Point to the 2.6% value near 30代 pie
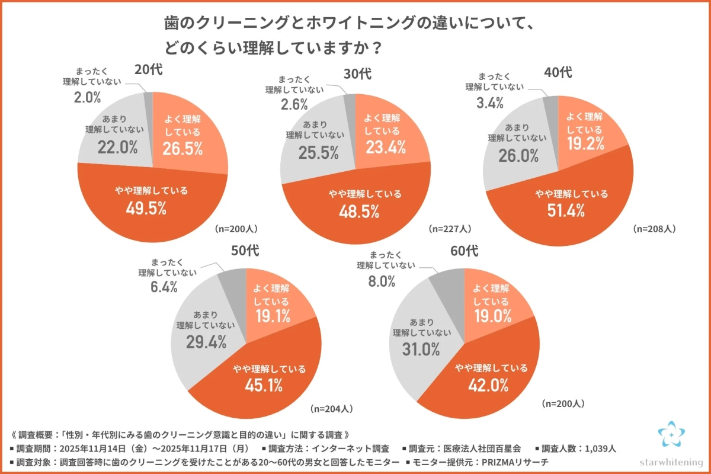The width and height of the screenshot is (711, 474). [295, 105]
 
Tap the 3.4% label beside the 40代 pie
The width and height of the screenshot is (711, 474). [490, 103]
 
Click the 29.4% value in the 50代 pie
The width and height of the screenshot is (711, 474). [197, 341]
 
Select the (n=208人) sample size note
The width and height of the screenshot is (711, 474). [654, 228]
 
